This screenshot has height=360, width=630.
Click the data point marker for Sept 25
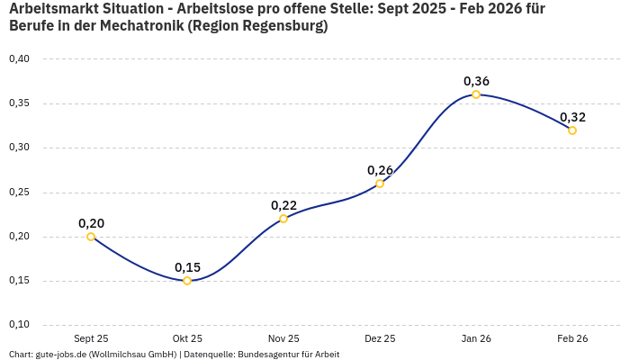(x=91, y=237)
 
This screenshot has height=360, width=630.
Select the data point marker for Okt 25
(x=187, y=281)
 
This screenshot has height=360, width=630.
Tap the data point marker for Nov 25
(x=283, y=219)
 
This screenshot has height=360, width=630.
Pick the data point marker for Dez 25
(x=380, y=184)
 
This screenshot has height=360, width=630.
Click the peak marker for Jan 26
(x=476, y=94)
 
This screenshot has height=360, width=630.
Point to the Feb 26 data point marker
(x=572, y=130)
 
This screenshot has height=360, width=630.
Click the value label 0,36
(x=476, y=81)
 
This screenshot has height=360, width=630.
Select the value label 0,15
(x=187, y=267)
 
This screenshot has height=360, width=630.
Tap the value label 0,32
(x=572, y=117)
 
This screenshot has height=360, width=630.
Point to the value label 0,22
(x=283, y=205)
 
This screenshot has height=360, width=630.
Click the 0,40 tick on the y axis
(x=19, y=59)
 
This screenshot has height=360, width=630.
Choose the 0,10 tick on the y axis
(x=19, y=325)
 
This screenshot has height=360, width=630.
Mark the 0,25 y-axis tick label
(x=19, y=193)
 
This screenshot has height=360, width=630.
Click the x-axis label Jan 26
(x=476, y=338)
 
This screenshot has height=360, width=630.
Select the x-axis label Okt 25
(x=187, y=338)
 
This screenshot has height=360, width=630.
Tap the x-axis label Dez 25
(x=380, y=338)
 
